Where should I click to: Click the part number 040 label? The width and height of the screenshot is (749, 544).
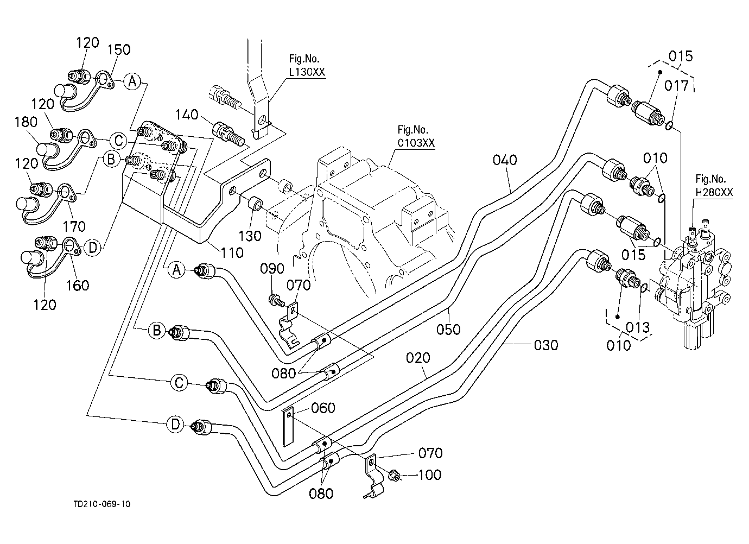505,160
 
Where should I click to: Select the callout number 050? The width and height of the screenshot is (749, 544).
448,330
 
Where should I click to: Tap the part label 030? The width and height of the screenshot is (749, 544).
546,345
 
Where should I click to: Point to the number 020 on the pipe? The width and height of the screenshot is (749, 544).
418,358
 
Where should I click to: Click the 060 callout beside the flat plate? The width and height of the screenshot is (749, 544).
323,408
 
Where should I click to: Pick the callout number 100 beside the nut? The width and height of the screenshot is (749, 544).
430,475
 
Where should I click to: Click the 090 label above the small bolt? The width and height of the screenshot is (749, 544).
272,269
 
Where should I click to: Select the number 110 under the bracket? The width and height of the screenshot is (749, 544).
232,252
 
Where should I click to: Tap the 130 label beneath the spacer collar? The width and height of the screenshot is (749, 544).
250,236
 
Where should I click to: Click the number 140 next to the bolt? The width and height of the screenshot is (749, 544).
187,115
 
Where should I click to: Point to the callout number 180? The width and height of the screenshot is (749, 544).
26,122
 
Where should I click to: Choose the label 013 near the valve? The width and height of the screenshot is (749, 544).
638,327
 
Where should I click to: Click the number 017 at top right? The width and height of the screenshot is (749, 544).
676,86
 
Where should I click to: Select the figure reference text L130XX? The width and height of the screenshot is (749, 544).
307,72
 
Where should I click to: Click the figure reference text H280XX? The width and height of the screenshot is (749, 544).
714,192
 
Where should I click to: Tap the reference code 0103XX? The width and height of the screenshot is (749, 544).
416,143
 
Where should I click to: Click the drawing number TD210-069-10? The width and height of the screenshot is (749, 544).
102,504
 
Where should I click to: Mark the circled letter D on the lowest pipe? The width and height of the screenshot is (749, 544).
175,425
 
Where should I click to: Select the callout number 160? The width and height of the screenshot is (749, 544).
78,286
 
